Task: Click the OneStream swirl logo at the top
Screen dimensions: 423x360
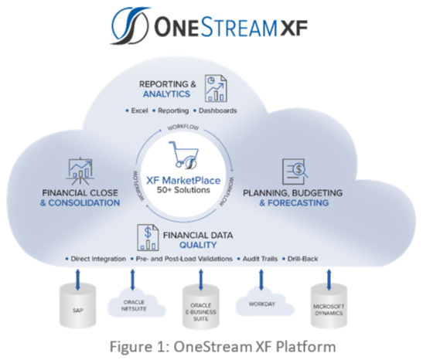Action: tap(130, 25)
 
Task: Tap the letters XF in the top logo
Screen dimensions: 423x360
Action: tap(294, 28)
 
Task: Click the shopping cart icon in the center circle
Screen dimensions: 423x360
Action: tap(184, 155)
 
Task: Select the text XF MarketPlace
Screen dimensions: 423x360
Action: tap(183, 180)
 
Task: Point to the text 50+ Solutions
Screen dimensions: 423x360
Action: tap(183, 190)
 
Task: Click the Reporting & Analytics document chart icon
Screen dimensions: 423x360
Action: tap(216, 88)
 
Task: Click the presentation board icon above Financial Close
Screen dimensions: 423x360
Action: tap(80, 171)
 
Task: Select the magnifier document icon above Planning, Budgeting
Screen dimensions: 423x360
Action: tap(295, 172)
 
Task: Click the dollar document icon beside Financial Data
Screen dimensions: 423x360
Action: tap(148, 238)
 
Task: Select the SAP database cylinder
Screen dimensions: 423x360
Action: tap(77, 306)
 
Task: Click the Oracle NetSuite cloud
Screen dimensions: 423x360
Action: tap(136, 303)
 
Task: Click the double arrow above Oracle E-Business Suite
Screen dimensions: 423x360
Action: tap(201, 280)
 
